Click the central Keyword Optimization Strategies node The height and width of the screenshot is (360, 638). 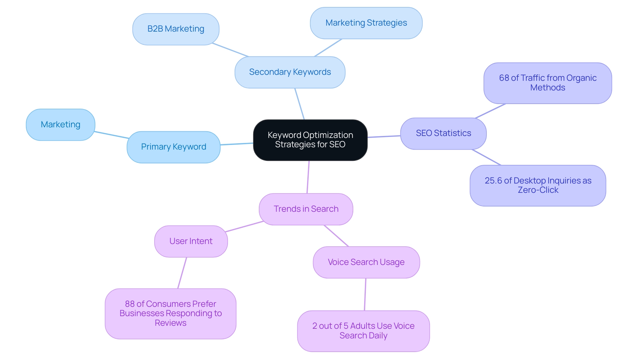(x=310, y=140)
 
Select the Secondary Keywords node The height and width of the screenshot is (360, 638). (x=290, y=72)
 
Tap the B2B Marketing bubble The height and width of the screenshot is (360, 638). (x=175, y=29)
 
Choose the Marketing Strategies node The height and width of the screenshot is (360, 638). (x=366, y=23)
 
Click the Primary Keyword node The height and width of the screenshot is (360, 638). (x=173, y=147)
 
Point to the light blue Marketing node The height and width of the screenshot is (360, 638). (x=60, y=125)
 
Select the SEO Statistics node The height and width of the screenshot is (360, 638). (x=443, y=133)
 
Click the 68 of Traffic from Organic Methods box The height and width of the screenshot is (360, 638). (x=547, y=83)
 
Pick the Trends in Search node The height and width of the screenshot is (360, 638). (x=306, y=209)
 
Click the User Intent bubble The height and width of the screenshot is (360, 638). (x=191, y=241)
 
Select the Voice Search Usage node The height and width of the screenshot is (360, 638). (x=366, y=262)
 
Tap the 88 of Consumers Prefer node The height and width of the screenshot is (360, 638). (x=170, y=313)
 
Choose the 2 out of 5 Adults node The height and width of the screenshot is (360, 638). (x=363, y=331)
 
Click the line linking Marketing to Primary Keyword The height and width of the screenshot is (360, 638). (x=111, y=135)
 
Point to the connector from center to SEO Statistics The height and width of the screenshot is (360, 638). (x=384, y=136)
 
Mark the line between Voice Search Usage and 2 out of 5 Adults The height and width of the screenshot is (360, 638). (x=365, y=294)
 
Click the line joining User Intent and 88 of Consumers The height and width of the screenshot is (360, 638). (x=182, y=273)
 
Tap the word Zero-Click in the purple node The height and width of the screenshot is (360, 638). (x=538, y=190)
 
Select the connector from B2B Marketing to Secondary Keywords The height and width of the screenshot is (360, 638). (x=230, y=50)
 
